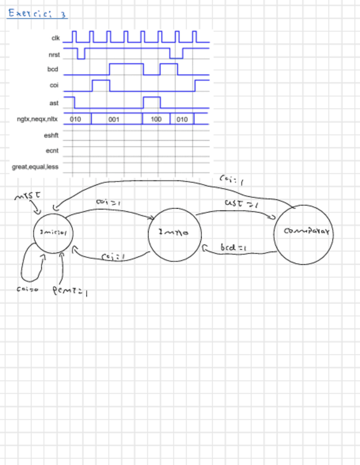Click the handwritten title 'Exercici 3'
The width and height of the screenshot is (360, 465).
click(x=37, y=14)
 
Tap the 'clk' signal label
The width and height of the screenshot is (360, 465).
click(x=55, y=38)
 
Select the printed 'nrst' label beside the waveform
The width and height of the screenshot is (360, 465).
click(x=54, y=54)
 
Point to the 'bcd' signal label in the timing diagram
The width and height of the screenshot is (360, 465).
click(x=53, y=70)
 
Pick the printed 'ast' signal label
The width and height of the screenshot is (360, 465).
click(x=54, y=103)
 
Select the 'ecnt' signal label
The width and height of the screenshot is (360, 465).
click(x=52, y=149)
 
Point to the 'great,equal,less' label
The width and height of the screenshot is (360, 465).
click(x=36, y=166)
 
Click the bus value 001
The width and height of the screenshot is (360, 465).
click(x=114, y=119)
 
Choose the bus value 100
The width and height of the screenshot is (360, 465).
click(x=156, y=119)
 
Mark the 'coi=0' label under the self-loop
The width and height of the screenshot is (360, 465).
click(x=26, y=290)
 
